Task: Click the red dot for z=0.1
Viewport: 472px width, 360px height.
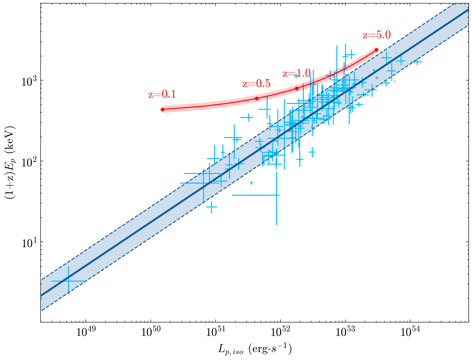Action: [x=162, y=110]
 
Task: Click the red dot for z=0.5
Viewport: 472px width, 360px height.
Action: [x=257, y=99]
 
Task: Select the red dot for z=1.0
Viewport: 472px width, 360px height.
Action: [x=297, y=89]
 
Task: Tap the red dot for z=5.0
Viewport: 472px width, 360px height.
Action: [x=376, y=50]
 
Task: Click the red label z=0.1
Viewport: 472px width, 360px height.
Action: [x=162, y=95]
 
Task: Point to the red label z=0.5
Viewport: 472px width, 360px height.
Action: [x=256, y=84]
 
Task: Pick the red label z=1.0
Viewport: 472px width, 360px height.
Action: [x=297, y=74]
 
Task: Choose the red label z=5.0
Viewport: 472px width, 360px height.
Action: [x=376, y=35]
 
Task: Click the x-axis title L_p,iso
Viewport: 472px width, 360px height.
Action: [x=255, y=349]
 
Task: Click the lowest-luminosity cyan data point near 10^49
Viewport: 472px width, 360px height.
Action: [x=68, y=281]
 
